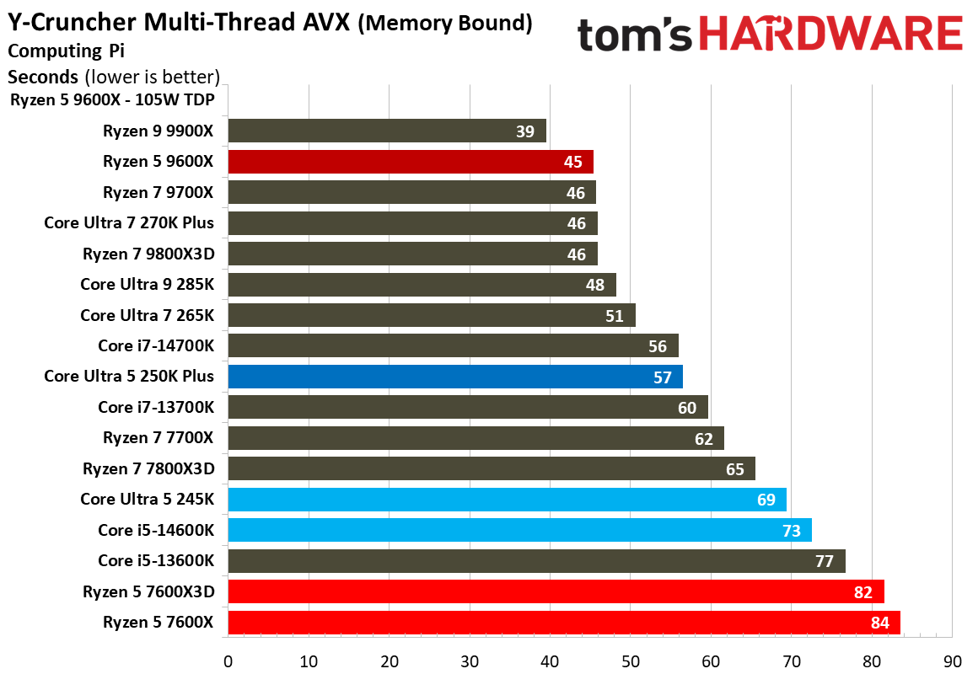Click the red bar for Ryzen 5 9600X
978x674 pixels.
click(411, 162)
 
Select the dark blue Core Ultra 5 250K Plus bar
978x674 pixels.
click(455, 377)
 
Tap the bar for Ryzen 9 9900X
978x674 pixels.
click(387, 131)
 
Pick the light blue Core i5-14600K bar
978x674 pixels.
click(519, 530)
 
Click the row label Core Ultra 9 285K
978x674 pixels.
click(148, 284)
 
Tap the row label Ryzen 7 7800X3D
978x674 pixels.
click(148, 468)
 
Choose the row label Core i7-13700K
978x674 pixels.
click(156, 407)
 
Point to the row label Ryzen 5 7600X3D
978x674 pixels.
click(148, 591)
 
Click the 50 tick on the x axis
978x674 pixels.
click(631, 661)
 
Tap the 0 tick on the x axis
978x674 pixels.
click(228, 661)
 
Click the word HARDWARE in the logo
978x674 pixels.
click(832, 35)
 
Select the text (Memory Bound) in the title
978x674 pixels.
click(445, 24)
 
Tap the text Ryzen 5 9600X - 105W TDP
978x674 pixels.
click(112, 100)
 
